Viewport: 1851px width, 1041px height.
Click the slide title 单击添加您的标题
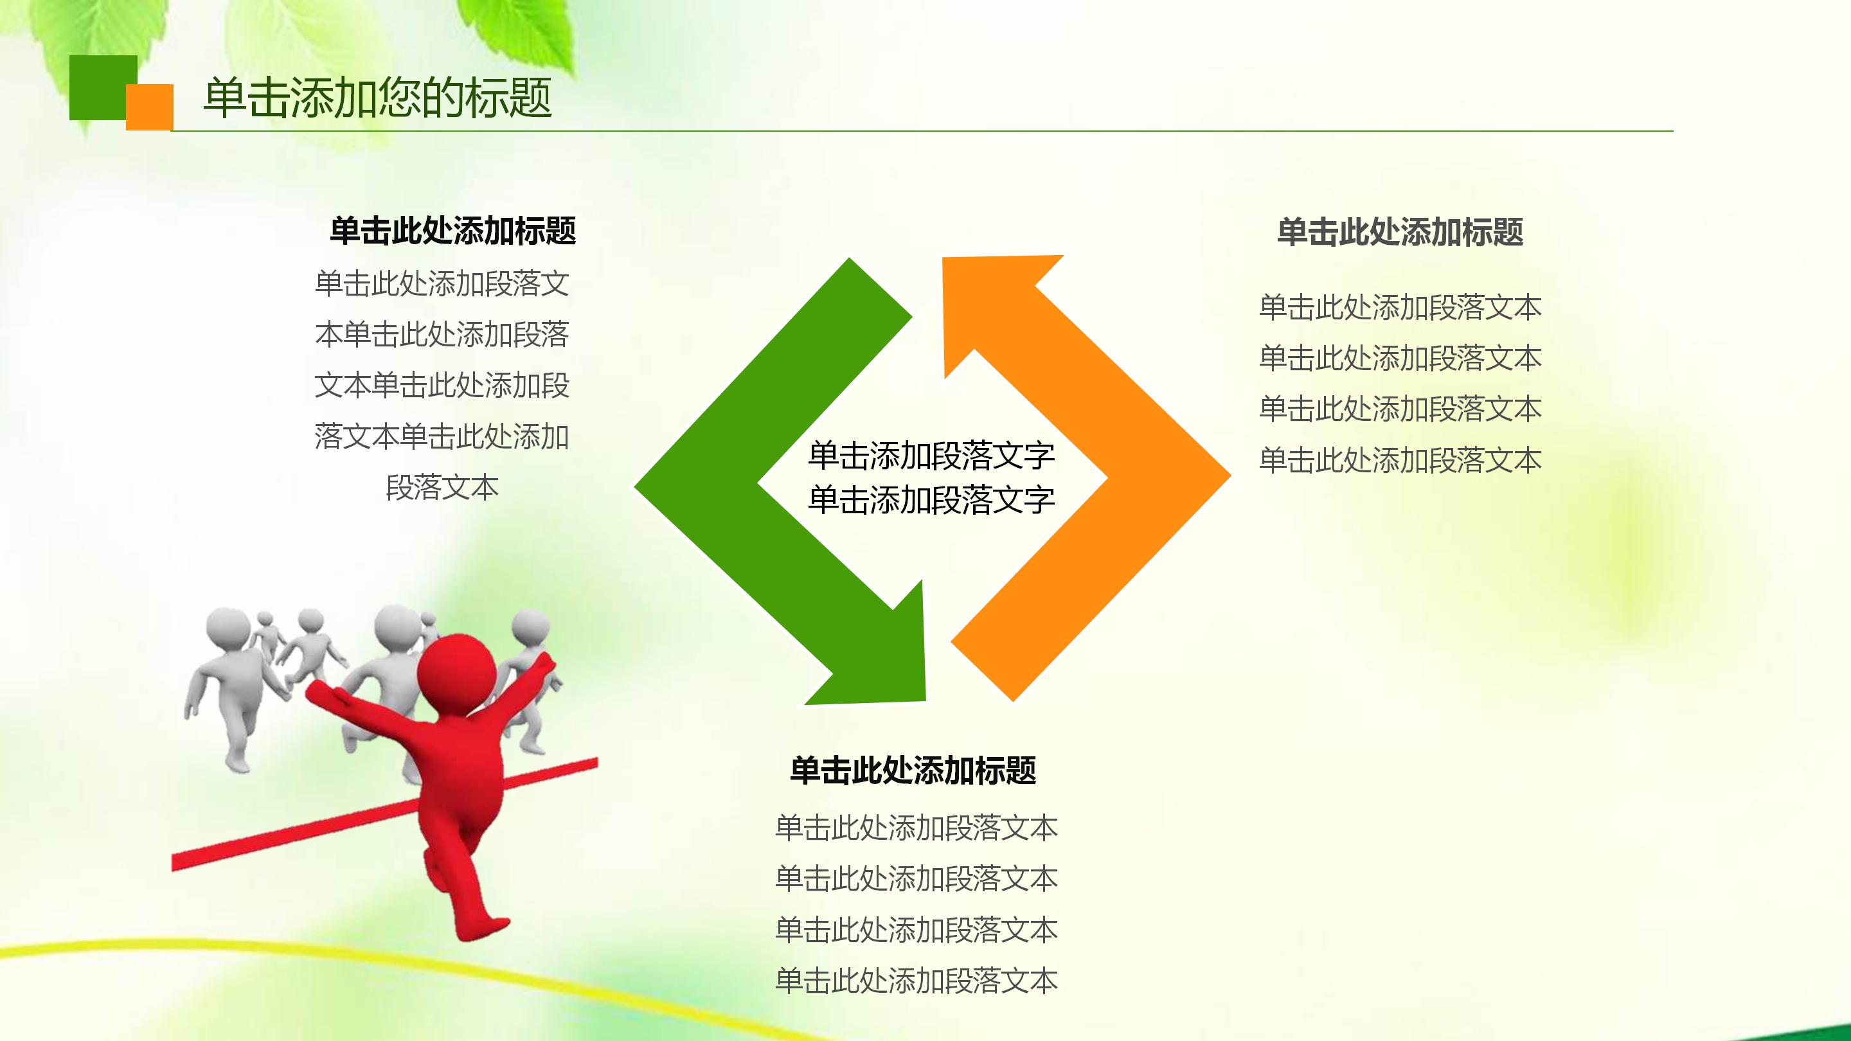377,98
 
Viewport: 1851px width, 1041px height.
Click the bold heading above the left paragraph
452,231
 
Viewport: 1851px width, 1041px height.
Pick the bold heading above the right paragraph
1400,232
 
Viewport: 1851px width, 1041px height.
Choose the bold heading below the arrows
913,770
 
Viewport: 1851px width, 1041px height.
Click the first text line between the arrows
931,456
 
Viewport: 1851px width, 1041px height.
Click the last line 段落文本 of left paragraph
442,488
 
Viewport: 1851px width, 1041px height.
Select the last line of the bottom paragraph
916,981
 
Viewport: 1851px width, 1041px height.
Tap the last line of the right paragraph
1400,461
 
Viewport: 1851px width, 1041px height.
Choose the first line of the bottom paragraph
916,828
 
